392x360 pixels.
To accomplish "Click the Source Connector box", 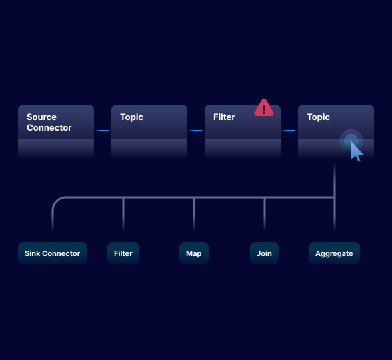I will pos(56,131).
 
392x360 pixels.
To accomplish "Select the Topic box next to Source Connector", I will pos(149,131).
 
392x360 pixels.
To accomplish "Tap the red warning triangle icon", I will pos(264,108).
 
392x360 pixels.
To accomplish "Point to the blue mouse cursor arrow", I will pos(357,152).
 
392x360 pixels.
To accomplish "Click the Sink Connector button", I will pos(53,253).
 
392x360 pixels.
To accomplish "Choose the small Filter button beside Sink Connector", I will pos(123,253).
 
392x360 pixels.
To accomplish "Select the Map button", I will pos(194,253).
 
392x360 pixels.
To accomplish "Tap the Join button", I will pos(265,253).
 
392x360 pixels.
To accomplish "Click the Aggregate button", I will pos(334,253).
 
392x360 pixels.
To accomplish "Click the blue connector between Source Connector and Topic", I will pos(102,131).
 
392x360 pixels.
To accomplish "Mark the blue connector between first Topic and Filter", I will pos(195,131).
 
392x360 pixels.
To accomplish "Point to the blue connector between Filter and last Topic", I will pos(289,131).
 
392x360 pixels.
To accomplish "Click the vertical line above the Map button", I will pos(194,215).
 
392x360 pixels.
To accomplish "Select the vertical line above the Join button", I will pos(265,215).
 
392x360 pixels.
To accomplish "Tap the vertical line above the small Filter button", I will pos(123,215).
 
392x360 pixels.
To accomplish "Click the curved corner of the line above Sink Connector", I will pos(56,201).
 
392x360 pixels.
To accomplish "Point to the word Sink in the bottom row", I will pos(33,253).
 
